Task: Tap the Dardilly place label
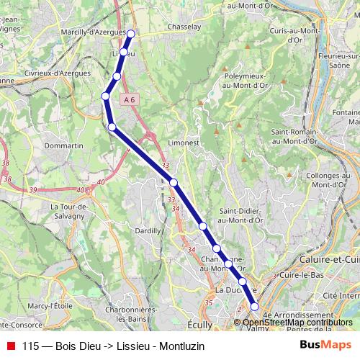tap(148, 230)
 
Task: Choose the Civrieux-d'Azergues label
tap(58, 73)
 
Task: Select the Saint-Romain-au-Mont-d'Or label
tap(295, 137)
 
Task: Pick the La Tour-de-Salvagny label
tap(68, 210)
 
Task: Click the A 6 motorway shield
tap(129, 99)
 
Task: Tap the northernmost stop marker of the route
tap(131, 33)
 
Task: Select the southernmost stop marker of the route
tap(254, 307)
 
